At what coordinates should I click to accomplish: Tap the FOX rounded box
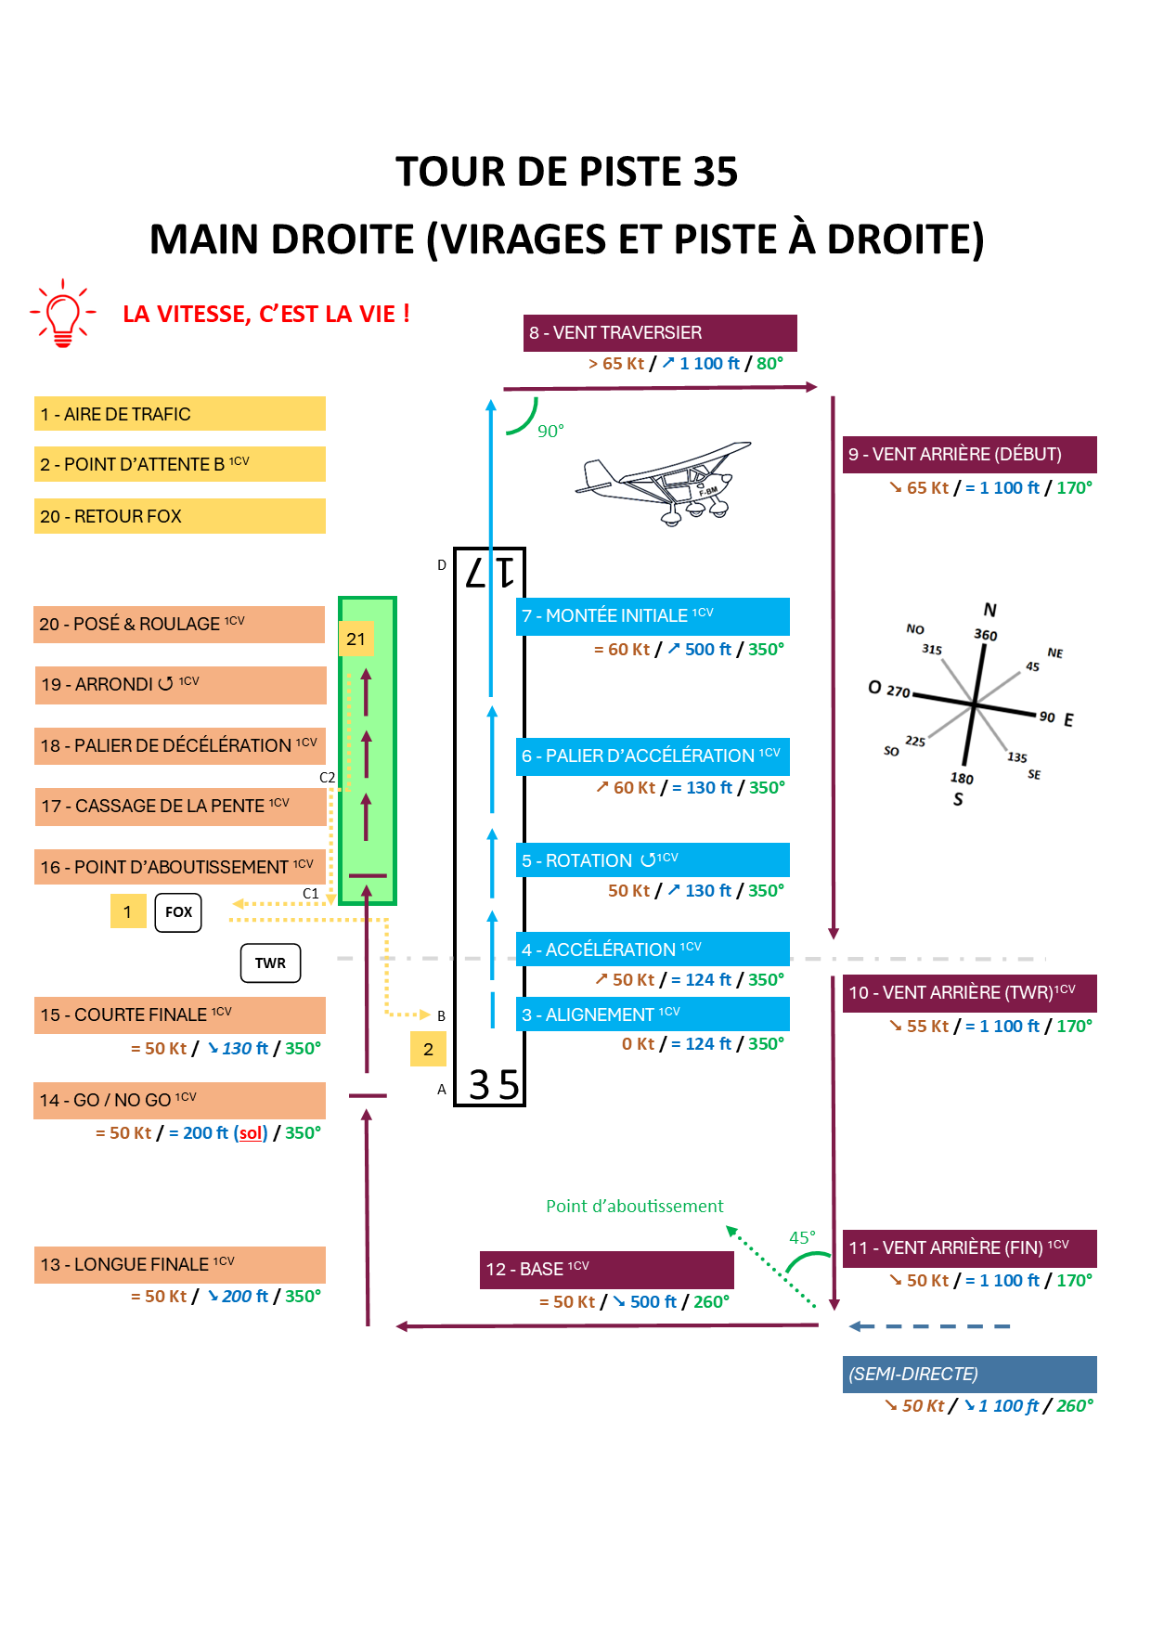click(178, 912)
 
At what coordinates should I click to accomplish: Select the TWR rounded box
click(270, 963)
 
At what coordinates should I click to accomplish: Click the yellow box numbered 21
click(356, 639)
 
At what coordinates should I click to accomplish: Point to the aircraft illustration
click(664, 483)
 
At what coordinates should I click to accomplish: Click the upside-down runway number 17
click(490, 572)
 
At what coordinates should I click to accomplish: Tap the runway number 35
click(494, 1084)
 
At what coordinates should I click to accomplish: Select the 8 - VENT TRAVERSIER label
click(660, 333)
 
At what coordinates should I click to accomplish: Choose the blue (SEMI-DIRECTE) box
click(970, 1374)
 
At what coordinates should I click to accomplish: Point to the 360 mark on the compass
click(986, 635)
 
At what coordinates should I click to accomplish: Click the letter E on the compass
click(1069, 720)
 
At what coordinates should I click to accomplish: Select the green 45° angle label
click(802, 1237)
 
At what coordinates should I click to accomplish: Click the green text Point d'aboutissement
click(635, 1206)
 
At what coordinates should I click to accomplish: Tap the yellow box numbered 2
click(428, 1050)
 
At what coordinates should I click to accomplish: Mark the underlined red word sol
click(252, 1133)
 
